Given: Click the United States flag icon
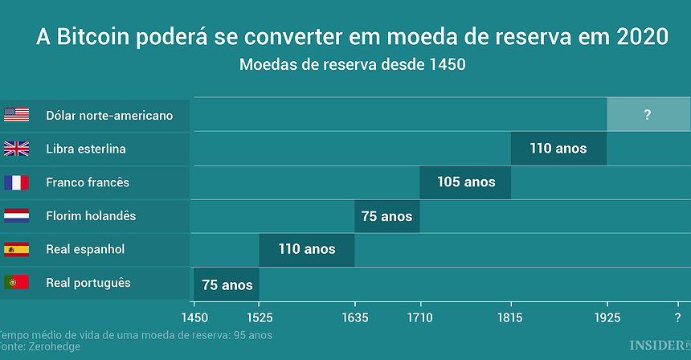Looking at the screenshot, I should (16, 115).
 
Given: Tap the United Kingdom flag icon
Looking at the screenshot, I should (16, 149).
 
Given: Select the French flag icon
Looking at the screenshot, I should (16, 182).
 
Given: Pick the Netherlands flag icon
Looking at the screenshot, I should (16, 216).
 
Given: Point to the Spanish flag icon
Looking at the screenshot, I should (16, 249).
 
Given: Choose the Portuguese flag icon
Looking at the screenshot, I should (16, 283).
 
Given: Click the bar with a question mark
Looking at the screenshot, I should (648, 115).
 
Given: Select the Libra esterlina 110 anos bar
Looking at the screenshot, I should (558, 149).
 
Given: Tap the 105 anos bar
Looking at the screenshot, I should (465, 182).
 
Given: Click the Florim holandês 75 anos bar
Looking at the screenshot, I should (386, 216).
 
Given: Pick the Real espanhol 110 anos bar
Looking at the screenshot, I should (306, 249).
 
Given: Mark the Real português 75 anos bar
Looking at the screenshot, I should (227, 284).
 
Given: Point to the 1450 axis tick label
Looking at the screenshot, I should (194, 317).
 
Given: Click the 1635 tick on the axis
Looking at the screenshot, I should (355, 317).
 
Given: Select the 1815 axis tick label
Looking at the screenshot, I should (511, 317).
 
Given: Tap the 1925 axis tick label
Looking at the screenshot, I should (607, 317).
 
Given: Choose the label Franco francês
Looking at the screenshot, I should (88, 182).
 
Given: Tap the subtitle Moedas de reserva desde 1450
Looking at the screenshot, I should (352, 65).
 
